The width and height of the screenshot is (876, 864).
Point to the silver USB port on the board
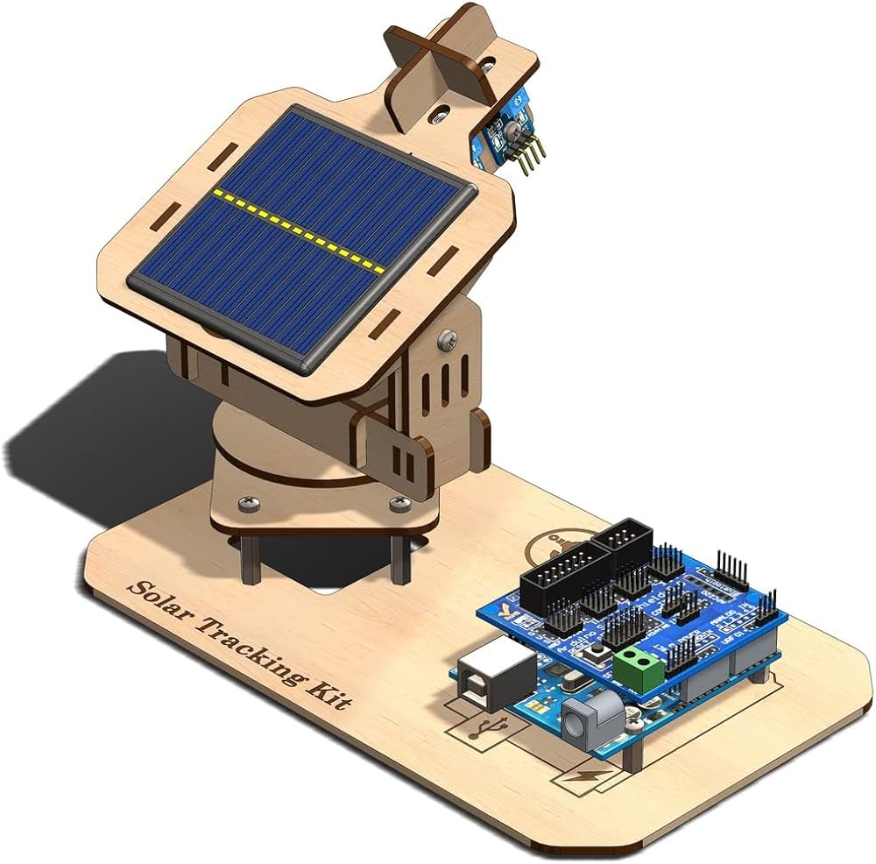(x=492, y=675)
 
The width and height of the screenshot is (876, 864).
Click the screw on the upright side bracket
(x=449, y=335)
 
